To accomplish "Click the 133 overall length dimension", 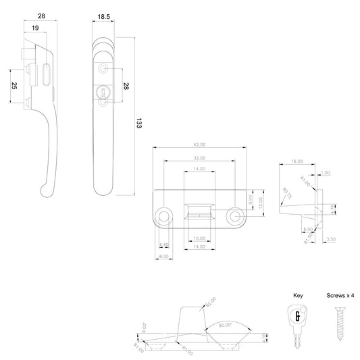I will [x=138, y=123].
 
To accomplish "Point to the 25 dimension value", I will [x=14, y=86].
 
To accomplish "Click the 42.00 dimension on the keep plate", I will [x=200, y=145].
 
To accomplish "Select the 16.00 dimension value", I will [x=297, y=162].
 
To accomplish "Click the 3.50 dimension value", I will [x=330, y=239].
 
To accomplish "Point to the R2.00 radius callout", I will [x=211, y=300].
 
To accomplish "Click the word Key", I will [x=298, y=296].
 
